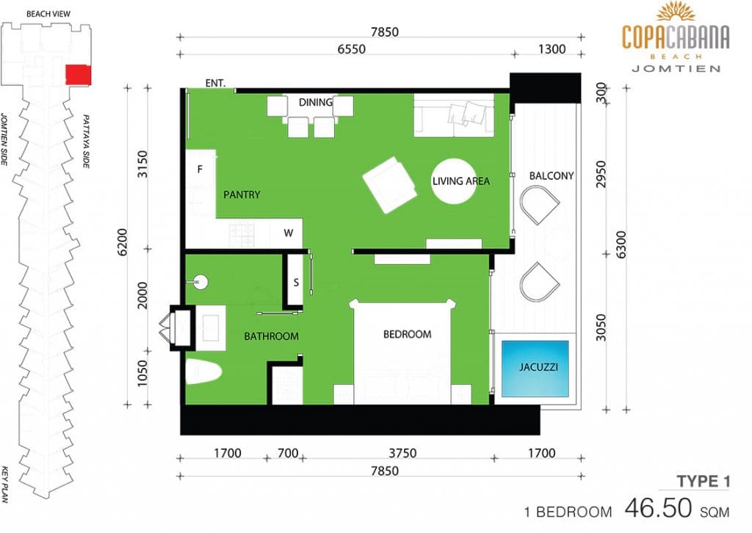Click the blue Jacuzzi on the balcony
[535, 368]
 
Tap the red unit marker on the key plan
[78, 74]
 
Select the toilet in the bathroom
[203, 371]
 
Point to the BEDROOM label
[407, 334]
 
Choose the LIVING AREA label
[461, 181]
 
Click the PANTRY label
[242, 195]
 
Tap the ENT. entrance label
[215, 83]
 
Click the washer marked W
[288, 233]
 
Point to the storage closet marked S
[296, 282]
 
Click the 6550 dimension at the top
[352, 49]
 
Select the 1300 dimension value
[552, 49]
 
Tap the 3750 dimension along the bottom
[402, 453]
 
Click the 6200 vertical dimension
[123, 242]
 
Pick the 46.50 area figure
[658, 508]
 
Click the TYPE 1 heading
[703, 481]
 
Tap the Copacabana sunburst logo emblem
[676, 12]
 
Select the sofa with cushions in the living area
[454, 115]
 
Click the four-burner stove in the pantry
[241, 236]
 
